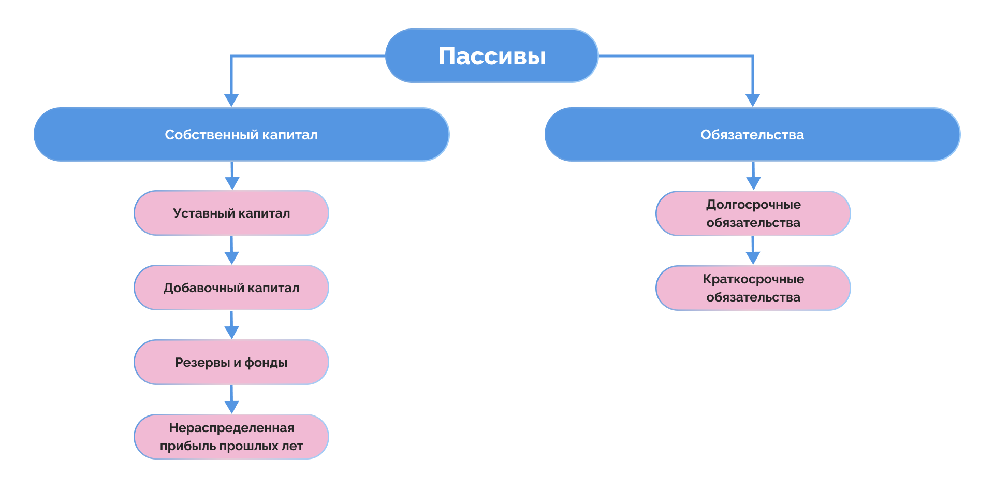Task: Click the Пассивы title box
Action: click(492, 56)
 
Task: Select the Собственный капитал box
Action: click(241, 135)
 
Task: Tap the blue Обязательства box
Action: click(752, 135)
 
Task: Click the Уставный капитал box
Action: click(231, 213)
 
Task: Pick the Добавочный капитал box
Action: click(231, 288)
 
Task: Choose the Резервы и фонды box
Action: click(231, 363)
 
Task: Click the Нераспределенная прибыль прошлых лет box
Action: click(231, 437)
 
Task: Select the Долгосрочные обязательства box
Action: click(753, 213)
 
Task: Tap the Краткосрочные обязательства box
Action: click(753, 288)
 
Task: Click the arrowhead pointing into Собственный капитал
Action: click(231, 100)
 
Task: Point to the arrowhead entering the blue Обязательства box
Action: click(753, 100)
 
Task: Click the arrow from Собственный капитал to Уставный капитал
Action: click(232, 176)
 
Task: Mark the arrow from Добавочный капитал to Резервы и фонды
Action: click(231, 325)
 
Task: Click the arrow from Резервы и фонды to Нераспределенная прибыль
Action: click(231, 399)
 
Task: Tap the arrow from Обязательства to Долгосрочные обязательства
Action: click(753, 176)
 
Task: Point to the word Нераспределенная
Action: click(231, 428)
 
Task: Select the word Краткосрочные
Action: click(753, 279)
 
